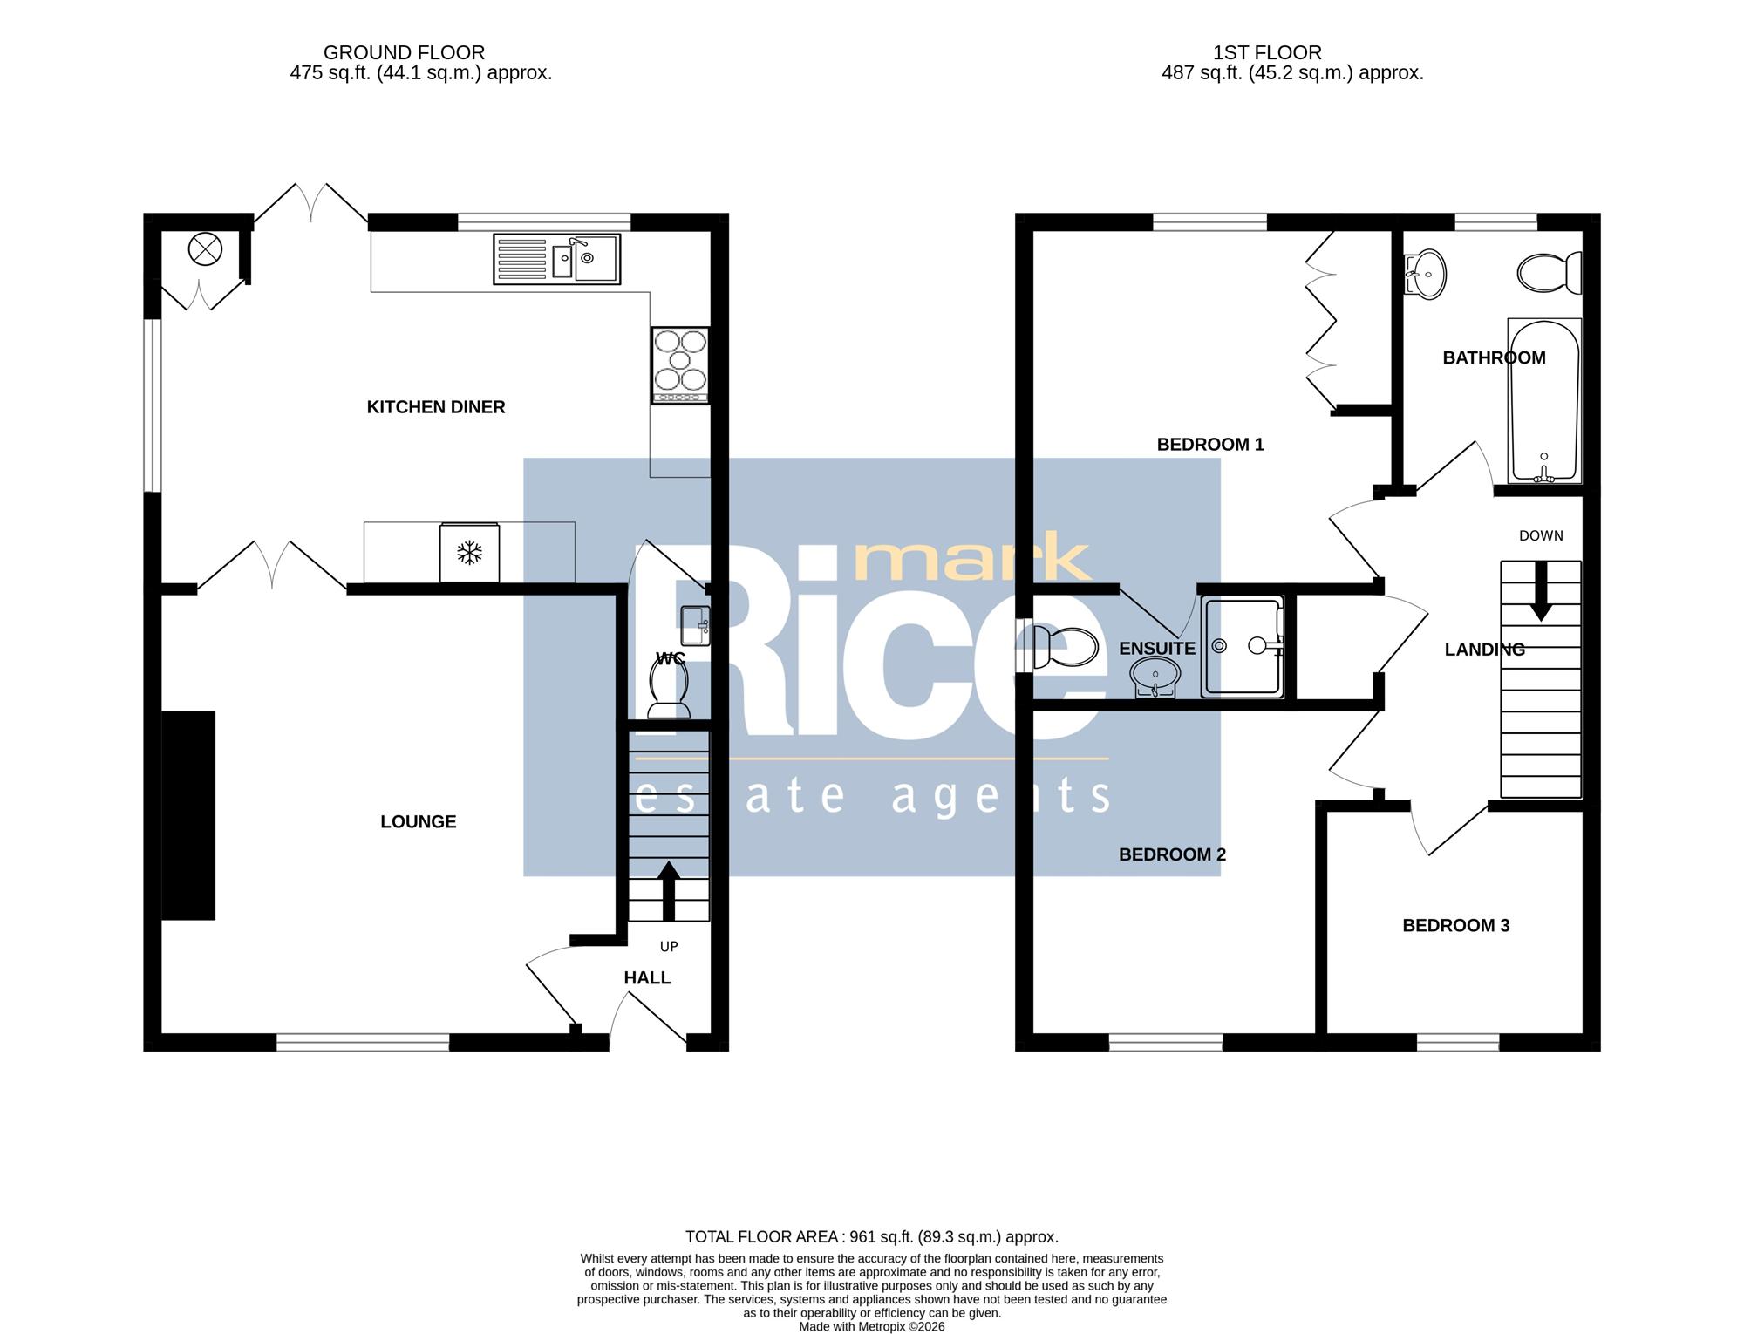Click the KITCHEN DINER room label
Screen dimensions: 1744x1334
click(436, 407)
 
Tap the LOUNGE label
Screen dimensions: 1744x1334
click(419, 822)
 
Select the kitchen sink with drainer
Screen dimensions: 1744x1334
click(556, 259)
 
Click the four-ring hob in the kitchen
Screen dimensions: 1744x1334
click(680, 365)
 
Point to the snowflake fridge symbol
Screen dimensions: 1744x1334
click(470, 553)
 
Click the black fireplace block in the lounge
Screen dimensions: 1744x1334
click(188, 815)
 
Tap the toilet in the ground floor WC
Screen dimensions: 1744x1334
click(670, 681)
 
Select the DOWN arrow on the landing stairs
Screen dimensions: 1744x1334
click(1541, 591)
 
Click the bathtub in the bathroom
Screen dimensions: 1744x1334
click(1544, 400)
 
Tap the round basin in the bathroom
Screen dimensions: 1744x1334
click(1425, 274)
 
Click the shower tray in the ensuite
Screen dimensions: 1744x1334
click(1243, 646)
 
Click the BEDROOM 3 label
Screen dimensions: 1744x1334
click(1455, 926)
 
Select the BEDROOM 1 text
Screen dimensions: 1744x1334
click(1210, 445)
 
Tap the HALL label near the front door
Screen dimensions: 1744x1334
click(647, 978)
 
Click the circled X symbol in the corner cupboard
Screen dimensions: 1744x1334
click(205, 250)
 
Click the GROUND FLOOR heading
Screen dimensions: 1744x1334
click(404, 53)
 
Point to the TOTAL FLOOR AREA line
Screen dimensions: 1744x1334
click(872, 1236)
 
